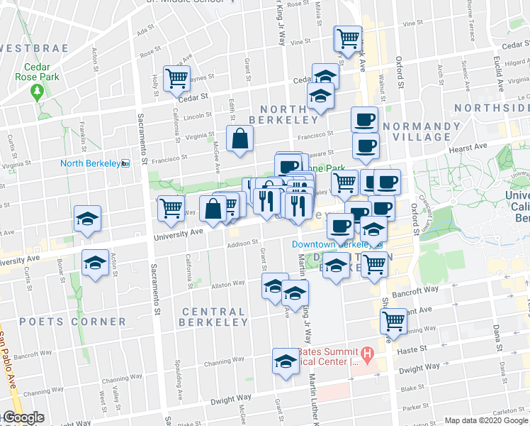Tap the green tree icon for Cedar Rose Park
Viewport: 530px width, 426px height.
tap(37, 92)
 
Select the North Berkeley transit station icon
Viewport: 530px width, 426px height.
tap(125, 163)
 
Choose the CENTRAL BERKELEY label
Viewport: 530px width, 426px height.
tap(213, 317)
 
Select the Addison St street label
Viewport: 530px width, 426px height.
tap(241, 243)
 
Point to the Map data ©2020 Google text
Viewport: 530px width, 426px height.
tap(486, 420)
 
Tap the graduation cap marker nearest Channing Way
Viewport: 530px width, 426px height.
tap(285, 361)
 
